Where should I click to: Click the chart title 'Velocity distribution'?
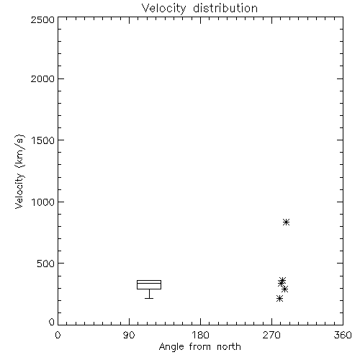pyautogui.click(x=199, y=8)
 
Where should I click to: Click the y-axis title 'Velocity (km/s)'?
pyautogui.click(x=19, y=171)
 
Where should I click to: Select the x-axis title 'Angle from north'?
pyautogui.click(x=199, y=347)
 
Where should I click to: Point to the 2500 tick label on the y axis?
pyautogui.click(x=42, y=19)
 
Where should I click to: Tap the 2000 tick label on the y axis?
pyautogui.click(x=42, y=78)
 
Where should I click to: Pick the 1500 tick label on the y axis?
pyautogui.click(x=43, y=140)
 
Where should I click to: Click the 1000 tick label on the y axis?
pyautogui.click(x=43, y=202)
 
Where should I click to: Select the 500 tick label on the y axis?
pyautogui.click(x=46, y=264)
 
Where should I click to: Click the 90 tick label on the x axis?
pyautogui.click(x=129, y=335)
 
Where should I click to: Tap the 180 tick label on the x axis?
pyautogui.click(x=200, y=335)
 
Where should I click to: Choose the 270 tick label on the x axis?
pyautogui.click(x=271, y=335)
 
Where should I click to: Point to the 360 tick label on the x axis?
pyautogui.click(x=343, y=335)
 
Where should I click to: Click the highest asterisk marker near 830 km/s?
pyautogui.click(x=286, y=222)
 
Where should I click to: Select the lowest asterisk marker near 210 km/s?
pyautogui.click(x=279, y=299)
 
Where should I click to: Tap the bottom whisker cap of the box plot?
pyautogui.click(x=149, y=298)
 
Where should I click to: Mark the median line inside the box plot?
pyautogui.click(x=149, y=283)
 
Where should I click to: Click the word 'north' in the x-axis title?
pyautogui.click(x=229, y=347)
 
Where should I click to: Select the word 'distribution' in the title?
pyautogui.click(x=225, y=8)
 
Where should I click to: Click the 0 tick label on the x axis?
pyautogui.click(x=58, y=335)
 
